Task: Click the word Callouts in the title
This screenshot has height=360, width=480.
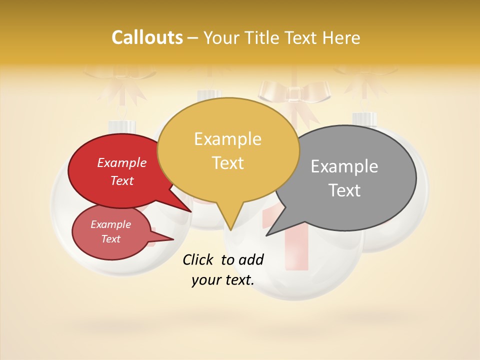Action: coord(147,37)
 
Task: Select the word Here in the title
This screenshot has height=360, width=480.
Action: coord(339,37)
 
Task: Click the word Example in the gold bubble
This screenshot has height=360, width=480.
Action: coord(227,139)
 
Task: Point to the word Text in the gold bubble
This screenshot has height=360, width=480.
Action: coord(228,163)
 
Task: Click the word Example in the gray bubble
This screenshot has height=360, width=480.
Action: coord(344,166)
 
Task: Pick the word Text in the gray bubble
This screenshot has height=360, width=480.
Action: coord(345,190)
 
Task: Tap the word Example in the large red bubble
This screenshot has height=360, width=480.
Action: coord(121,163)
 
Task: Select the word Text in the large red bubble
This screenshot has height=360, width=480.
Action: coord(122,180)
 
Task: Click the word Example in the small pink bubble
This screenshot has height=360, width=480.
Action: coord(110,224)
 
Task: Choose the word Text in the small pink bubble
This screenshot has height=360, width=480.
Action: coord(110,239)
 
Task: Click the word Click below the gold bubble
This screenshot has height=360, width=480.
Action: coord(199,259)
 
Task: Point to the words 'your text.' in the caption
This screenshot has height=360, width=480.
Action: coord(222,280)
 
